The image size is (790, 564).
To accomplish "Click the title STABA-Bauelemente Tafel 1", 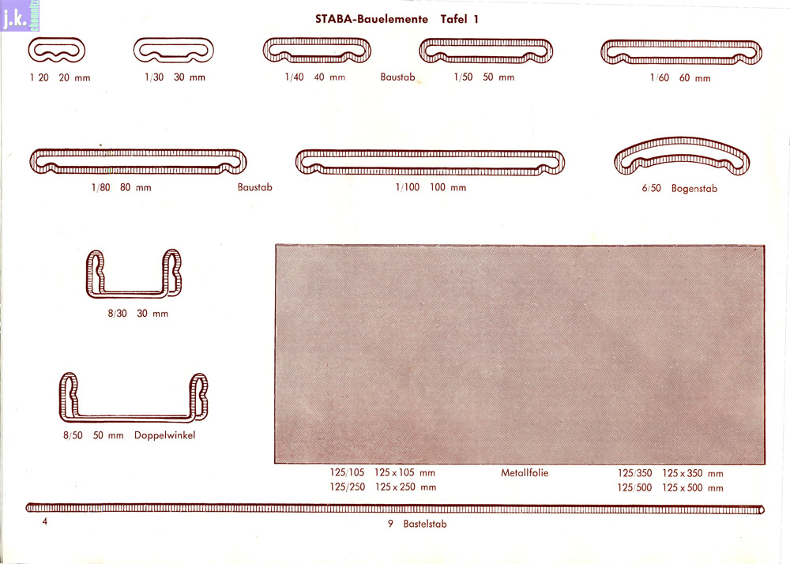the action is pos(397,19).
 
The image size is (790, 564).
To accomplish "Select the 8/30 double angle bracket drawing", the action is pos(134,293).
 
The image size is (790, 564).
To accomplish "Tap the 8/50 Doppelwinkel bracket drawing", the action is pos(134,417).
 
